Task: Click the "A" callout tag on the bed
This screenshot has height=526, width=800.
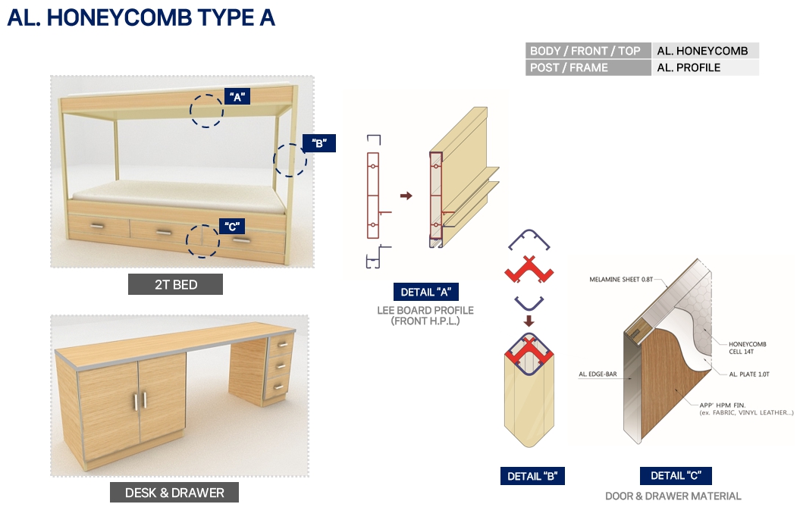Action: [x=237, y=96]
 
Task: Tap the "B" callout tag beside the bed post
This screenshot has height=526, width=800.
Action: [x=319, y=143]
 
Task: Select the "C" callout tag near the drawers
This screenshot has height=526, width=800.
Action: [x=232, y=227]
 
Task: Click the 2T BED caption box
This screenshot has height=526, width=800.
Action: [x=175, y=284]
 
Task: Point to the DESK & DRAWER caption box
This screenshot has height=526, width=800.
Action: [x=174, y=493]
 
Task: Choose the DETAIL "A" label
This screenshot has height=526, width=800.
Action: [x=426, y=292]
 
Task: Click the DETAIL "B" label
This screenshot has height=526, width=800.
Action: [x=532, y=476]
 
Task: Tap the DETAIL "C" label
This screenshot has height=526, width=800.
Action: [x=676, y=475]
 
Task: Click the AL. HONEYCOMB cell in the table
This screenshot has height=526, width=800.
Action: [x=705, y=51]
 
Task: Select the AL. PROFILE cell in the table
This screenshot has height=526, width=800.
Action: [x=705, y=68]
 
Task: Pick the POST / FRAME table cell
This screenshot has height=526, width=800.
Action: [x=588, y=68]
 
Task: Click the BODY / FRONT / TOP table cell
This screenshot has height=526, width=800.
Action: [x=588, y=51]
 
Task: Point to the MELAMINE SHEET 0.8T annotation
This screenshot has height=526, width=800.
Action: [x=621, y=280]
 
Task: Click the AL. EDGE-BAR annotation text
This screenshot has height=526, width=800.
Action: [x=598, y=374]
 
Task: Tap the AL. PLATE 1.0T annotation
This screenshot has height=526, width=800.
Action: [x=749, y=374]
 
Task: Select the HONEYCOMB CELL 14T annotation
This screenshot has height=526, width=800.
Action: [x=748, y=348]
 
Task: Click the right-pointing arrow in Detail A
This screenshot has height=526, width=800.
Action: [x=406, y=196]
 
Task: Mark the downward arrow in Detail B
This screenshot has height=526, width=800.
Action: [x=529, y=321]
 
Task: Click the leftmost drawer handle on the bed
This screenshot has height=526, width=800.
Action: [x=97, y=226]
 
